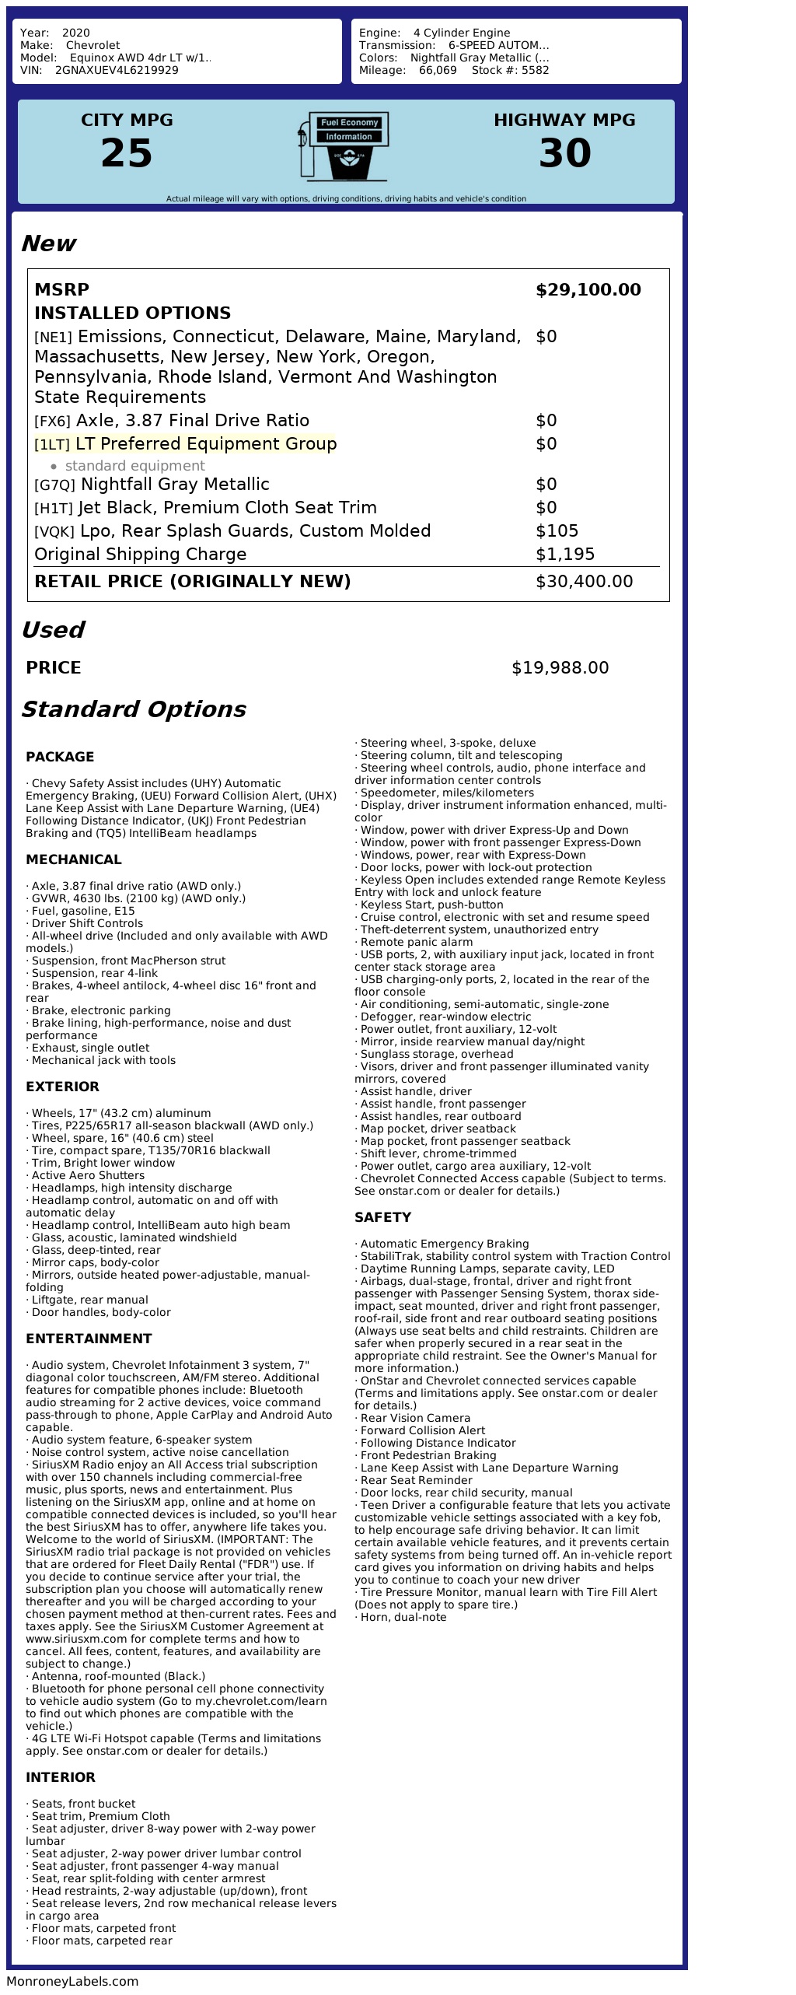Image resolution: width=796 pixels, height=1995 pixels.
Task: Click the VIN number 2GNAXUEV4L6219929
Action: [117, 70]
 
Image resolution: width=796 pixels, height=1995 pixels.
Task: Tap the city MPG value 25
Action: [127, 153]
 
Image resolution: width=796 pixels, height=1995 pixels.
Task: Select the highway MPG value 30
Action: [564, 153]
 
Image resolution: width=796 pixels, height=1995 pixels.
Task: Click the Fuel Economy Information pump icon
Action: [343, 146]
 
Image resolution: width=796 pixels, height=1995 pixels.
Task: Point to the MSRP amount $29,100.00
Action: [588, 290]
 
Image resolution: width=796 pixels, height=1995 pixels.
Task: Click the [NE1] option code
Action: [53, 338]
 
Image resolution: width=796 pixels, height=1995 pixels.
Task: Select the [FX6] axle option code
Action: [52, 422]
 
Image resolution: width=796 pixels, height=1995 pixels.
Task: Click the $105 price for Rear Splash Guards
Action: [557, 531]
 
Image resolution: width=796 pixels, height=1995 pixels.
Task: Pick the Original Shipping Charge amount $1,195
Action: [564, 555]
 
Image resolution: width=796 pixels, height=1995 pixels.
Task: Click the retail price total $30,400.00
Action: [584, 582]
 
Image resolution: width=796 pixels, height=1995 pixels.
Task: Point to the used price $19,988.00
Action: [560, 668]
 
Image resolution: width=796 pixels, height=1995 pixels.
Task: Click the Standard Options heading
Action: [133, 709]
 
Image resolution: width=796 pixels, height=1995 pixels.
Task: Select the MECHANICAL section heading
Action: [73, 859]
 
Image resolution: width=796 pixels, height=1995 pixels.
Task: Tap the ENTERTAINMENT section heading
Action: [89, 1339]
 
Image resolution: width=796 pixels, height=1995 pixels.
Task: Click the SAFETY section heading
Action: [382, 1217]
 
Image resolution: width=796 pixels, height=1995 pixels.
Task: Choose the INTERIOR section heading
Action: [60, 1777]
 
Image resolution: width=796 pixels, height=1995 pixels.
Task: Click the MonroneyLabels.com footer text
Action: [72, 1981]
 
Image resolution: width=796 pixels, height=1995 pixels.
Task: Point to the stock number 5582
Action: [536, 70]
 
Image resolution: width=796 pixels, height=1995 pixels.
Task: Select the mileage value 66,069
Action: [438, 70]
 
